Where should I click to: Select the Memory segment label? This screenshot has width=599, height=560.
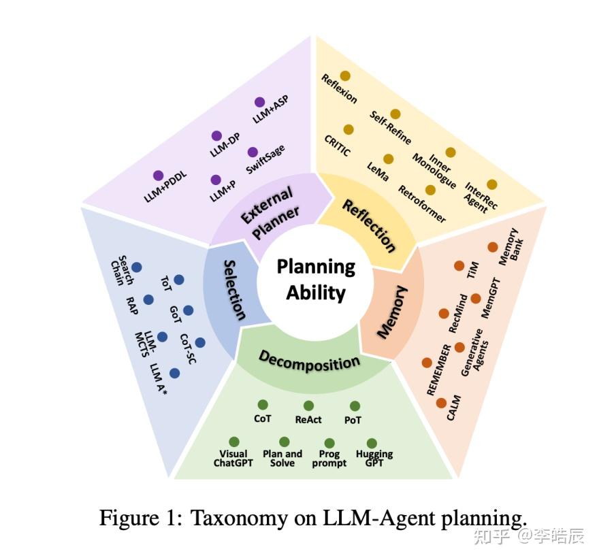393,312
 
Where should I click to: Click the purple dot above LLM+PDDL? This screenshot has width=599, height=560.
159,176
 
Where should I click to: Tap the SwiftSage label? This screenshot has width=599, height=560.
265,161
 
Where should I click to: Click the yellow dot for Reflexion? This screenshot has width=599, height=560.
345,76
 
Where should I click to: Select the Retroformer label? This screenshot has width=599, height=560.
422,204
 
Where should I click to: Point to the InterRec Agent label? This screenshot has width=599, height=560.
479,197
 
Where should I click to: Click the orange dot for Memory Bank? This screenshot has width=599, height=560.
493,248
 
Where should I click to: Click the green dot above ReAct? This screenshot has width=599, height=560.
308,406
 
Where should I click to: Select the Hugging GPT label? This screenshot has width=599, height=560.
374,459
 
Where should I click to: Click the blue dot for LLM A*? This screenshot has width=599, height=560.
175,374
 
